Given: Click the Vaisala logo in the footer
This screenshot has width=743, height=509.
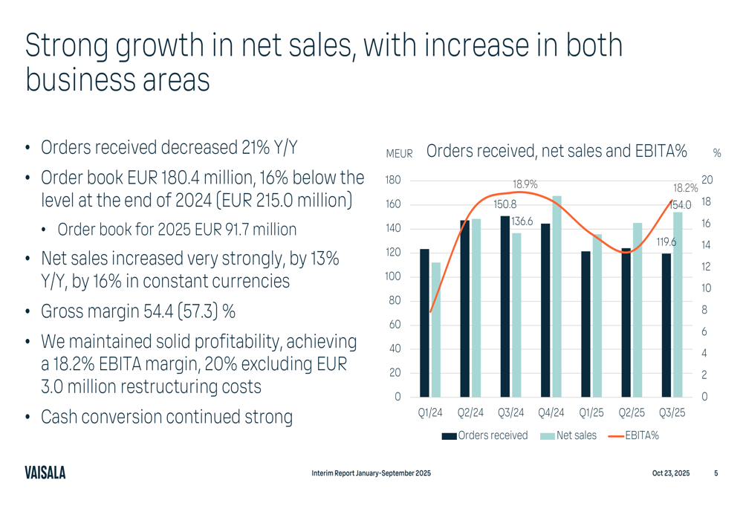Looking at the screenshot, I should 45,473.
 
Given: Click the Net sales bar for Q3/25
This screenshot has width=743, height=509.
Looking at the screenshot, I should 678,304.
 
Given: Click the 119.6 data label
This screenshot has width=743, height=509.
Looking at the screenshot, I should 665,241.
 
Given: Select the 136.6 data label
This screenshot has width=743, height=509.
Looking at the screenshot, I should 522,221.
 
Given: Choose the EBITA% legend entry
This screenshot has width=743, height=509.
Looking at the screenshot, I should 634,435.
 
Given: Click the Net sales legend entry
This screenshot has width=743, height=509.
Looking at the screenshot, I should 568,435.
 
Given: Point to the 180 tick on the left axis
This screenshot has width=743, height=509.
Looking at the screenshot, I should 393,181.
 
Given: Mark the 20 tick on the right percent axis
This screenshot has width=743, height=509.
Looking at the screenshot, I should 707,181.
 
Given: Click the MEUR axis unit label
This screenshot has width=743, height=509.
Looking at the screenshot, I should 399,154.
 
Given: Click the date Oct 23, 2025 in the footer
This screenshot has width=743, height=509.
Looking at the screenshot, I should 670,473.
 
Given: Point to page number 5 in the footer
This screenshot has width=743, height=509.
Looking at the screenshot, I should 716,473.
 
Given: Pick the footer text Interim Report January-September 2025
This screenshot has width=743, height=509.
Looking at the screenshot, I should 371,473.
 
